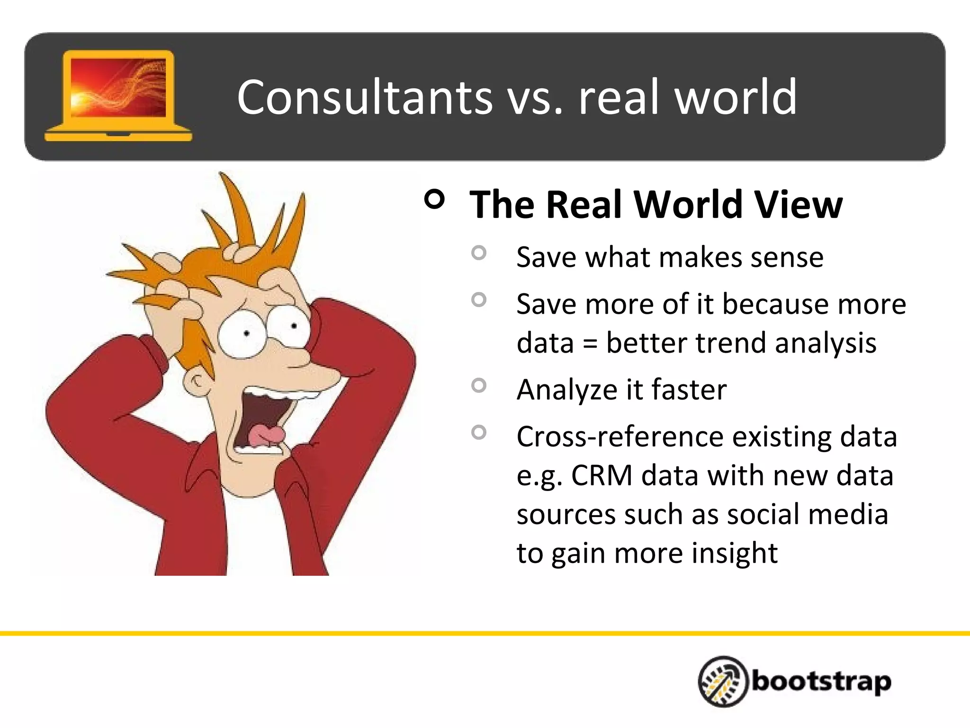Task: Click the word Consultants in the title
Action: click(x=364, y=97)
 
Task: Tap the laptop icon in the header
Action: click(x=118, y=96)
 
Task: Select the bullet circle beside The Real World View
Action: click(x=435, y=199)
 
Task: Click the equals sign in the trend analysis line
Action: click(x=590, y=344)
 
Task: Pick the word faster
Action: click(x=689, y=390)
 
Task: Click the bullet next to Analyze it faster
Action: click(x=479, y=385)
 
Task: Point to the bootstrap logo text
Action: click(x=821, y=682)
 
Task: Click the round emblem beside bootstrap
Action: click(x=723, y=682)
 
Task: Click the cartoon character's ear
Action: click(x=197, y=382)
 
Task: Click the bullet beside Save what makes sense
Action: click(x=479, y=253)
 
